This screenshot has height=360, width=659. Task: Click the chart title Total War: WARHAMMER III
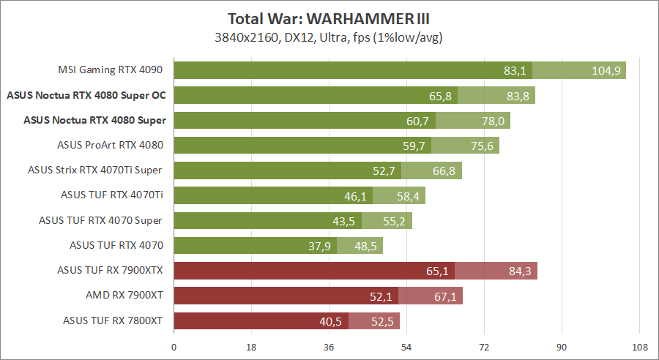pos(329,18)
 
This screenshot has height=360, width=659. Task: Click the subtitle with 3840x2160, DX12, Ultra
pos(329,37)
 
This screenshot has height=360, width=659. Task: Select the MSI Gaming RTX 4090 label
pos(110,70)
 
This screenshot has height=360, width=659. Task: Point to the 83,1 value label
pos(515,70)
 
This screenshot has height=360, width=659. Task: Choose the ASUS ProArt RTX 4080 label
pos(110,145)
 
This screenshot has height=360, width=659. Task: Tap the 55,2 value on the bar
pos(395,220)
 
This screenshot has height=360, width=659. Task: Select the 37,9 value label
pos(319,246)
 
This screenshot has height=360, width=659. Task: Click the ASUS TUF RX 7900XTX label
pos(110,270)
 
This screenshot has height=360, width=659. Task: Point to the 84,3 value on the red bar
pos(520,271)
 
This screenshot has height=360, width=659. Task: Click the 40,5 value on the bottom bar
pos(332,320)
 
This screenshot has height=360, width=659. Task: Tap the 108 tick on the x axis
pos(639,347)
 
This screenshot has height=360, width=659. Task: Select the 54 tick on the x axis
pos(406,347)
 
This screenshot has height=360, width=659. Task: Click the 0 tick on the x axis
pos(174,347)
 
